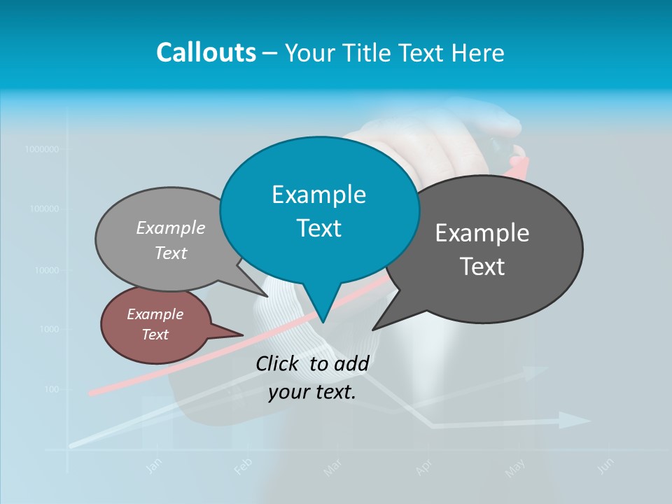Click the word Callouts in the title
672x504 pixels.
point(206,52)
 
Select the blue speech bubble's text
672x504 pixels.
point(319,211)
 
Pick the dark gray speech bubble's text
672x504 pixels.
point(482,250)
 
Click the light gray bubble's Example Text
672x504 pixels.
point(171,240)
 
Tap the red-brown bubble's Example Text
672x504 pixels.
point(155,324)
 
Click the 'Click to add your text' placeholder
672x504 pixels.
point(312,378)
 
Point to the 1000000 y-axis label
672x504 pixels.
point(41,149)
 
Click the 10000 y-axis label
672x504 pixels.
point(45,269)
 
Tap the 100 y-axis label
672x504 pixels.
point(52,389)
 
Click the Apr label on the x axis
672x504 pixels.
point(423,467)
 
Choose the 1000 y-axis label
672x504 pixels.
point(48,329)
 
